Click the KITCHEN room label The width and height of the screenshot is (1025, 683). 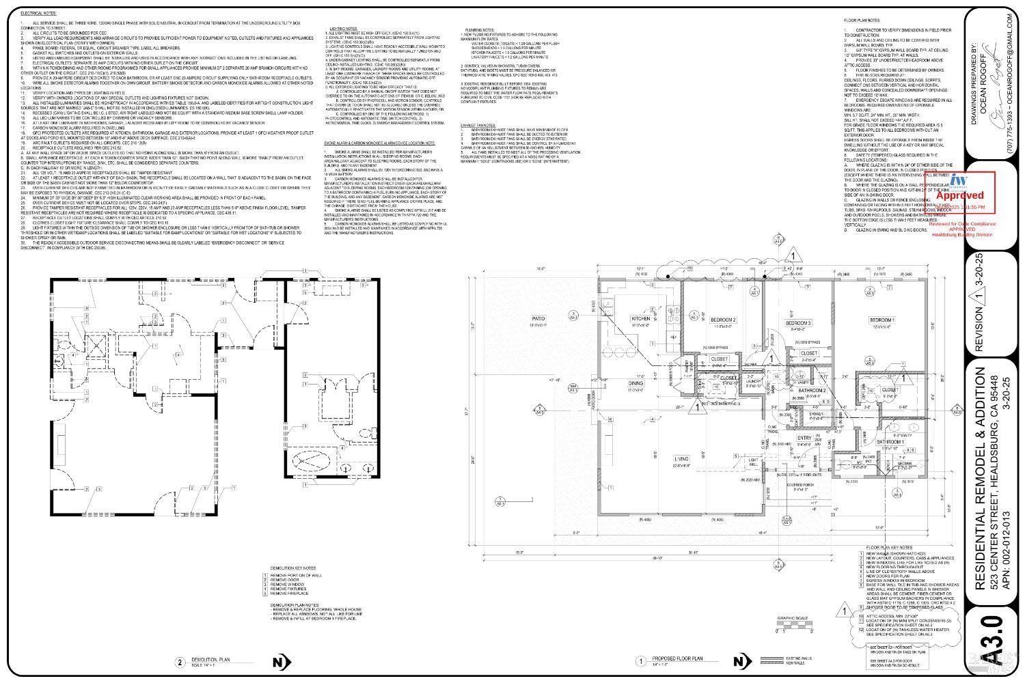click(x=640, y=320)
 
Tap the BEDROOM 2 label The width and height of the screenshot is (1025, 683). click(x=723, y=320)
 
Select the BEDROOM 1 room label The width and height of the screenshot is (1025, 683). click(x=881, y=320)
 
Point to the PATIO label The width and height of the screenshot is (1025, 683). click(x=539, y=318)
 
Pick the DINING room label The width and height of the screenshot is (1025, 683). click(x=636, y=384)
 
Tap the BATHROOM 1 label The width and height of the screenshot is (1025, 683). click(x=890, y=442)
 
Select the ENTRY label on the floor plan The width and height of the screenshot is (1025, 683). click(x=804, y=438)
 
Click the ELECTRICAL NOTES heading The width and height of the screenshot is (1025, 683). click(x=39, y=13)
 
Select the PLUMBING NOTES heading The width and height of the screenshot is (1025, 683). click(x=480, y=30)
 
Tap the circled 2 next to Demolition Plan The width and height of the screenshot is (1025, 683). click(x=180, y=661)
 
